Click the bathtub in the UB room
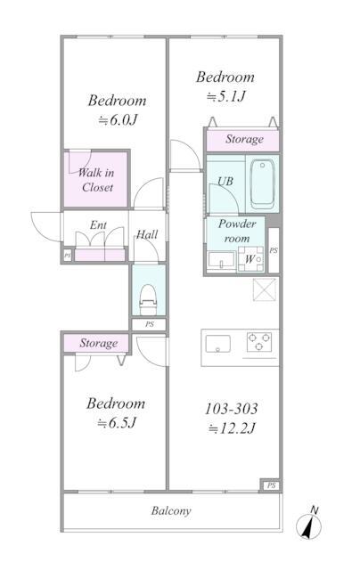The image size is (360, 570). coord(262,184)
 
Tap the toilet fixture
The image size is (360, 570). coord(148,299)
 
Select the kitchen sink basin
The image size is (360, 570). coord(217,344)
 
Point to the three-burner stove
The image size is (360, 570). coord(259,342)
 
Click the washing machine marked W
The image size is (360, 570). coord(250,259)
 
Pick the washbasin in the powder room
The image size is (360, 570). coord(221,260)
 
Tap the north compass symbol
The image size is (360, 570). coord(309,524)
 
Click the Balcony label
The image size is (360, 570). coord(171,510)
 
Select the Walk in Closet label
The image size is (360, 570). coord(96,180)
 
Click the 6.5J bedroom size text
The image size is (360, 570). coord(117,423)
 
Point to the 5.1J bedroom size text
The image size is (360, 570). coord(226,96)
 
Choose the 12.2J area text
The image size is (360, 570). coord(232,428)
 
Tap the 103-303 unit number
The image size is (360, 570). coord(232,409)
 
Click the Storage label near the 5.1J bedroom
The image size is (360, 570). coord(244,139)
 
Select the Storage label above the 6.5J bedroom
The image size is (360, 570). coord(99,343)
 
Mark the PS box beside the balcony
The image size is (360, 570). coord(271,485)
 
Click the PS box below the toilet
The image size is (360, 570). coord(149,324)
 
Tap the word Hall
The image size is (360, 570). coord(147,234)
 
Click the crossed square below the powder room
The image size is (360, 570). coord(265,289)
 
